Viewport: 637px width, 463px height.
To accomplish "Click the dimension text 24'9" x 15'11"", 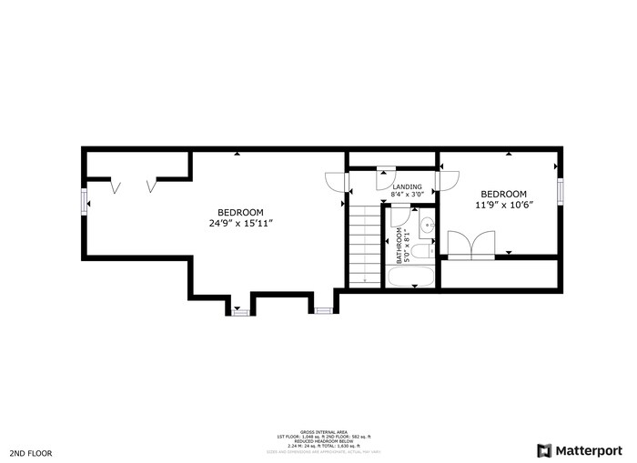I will tap(240, 222).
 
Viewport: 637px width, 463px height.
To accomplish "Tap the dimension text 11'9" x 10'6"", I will tap(503, 205).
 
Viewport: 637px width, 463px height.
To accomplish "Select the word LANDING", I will tap(407, 186).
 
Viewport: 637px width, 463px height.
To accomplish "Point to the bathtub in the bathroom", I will tap(410, 277).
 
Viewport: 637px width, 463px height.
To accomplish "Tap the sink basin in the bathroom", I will tap(427, 224).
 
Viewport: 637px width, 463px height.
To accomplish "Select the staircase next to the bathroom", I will tap(364, 246).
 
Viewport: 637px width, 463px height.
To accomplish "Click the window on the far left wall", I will tap(85, 201).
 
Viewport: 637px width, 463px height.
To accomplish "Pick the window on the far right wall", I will tap(561, 191).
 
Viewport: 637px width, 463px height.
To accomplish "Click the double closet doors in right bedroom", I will tap(470, 246).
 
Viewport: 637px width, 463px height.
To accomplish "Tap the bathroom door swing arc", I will tap(399, 214).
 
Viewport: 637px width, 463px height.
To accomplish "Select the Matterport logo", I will tap(581, 450).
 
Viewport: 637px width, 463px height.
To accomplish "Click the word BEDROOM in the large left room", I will tap(240, 211).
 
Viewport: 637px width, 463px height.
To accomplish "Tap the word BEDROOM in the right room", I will tap(503, 194).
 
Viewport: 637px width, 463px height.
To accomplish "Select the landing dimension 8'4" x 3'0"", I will tap(407, 195).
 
